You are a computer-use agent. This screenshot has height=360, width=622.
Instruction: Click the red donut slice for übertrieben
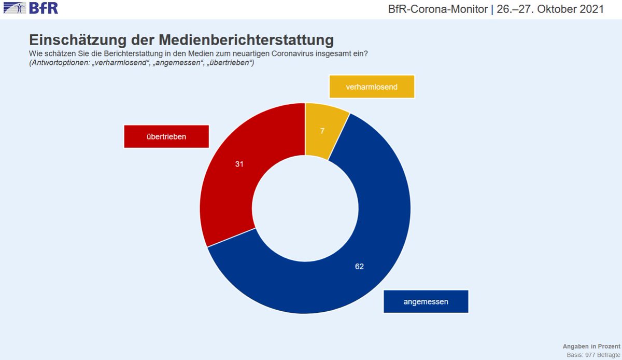pyautogui.click(x=228, y=187)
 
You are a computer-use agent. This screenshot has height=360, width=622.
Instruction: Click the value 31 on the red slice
pyautogui.click(x=239, y=164)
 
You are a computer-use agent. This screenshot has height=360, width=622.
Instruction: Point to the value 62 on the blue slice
pyautogui.click(x=360, y=267)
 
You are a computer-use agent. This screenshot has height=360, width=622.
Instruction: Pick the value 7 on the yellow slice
pyautogui.click(x=322, y=131)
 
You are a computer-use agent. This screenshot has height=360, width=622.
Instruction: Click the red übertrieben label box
pyautogui.click(x=166, y=136)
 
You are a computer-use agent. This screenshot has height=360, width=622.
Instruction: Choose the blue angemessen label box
pyautogui.click(x=426, y=301)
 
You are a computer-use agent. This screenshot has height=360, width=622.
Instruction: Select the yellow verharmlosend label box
pyautogui.click(x=372, y=87)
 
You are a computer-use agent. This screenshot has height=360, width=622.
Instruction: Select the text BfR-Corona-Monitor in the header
pyautogui.click(x=437, y=9)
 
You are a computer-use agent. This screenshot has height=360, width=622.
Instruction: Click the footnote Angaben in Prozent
pyautogui.click(x=591, y=346)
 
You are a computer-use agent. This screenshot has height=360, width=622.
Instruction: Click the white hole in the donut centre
pyautogui.click(x=306, y=207)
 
